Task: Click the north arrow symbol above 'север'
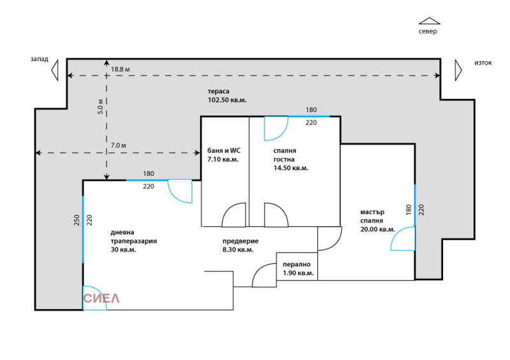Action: pos(429,21)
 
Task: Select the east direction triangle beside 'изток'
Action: pos(457,69)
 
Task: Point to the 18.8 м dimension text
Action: pos(120,69)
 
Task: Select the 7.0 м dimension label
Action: pos(119,146)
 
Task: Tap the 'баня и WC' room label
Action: pos(222,155)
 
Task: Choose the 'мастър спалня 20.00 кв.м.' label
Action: pos(377,220)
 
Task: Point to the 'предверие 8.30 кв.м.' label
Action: pos(240,245)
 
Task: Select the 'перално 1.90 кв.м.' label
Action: pos(298,268)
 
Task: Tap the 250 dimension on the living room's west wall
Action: pos(76,220)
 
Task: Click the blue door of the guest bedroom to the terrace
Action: pos(275,127)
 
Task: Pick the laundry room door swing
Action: pos(264,276)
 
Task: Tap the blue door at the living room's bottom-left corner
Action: pos(94,298)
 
